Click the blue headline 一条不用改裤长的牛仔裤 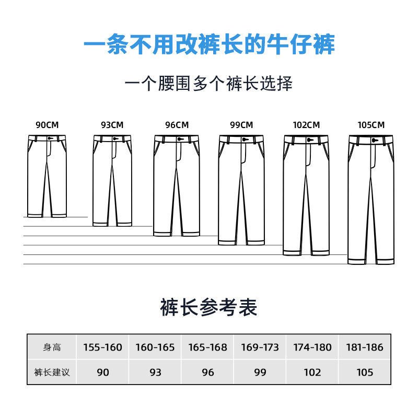click(x=209, y=46)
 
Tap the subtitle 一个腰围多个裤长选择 click(x=209, y=83)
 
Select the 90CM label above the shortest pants click(x=48, y=125)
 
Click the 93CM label click(x=112, y=125)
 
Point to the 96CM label click(x=177, y=125)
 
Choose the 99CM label click(x=241, y=125)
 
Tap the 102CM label click(x=306, y=125)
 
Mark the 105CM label click(x=371, y=125)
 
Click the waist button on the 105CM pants click(x=374, y=140)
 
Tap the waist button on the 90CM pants click(x=50, y=138)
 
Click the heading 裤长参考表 click(x=208, y=308)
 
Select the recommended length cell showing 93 click(x=155, y=373)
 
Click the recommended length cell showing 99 click(x=260, y=373)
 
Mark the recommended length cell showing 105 click(x=365, y=373)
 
